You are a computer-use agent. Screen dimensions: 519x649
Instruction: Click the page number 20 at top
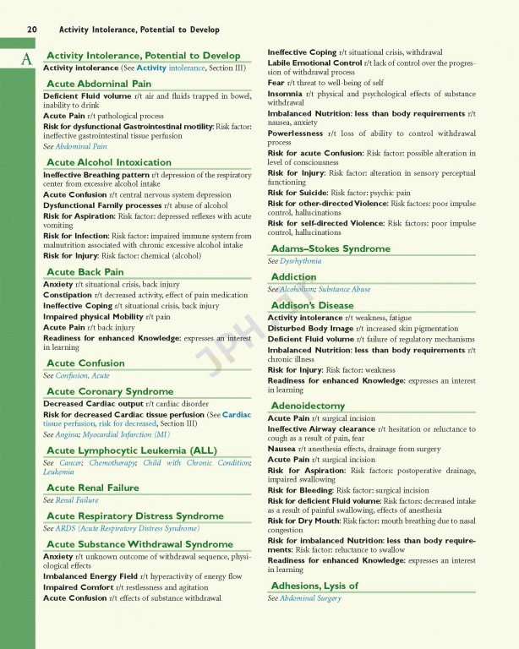tap(31, 30)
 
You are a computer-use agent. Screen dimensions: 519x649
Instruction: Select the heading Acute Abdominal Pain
tap(99, 84)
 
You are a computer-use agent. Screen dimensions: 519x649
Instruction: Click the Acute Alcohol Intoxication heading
tap(108, 162)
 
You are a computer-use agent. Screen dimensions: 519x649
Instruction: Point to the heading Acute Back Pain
tap(85, 272)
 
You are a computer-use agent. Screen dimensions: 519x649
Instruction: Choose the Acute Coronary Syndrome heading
tap(109, 391)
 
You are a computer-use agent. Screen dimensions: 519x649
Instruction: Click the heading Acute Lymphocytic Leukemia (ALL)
tap(131, 450)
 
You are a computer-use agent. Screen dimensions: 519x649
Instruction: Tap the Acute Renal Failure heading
tap(93, 488)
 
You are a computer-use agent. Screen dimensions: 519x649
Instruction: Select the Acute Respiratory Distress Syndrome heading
tap(134, 515)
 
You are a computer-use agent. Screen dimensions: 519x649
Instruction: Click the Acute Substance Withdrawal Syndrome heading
tap(139, 544)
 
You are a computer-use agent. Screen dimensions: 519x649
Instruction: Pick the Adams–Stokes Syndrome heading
tap(331, 248)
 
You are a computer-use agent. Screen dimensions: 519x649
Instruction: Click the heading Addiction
tap(294, 277)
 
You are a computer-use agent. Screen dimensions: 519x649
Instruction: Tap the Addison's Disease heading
tap(312, 305)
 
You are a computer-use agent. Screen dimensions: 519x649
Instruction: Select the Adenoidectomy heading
tap(308, 406)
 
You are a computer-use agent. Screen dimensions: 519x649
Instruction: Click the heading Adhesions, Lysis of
tap(314, 586)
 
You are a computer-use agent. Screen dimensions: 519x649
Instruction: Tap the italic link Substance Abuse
tap(344, 290)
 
